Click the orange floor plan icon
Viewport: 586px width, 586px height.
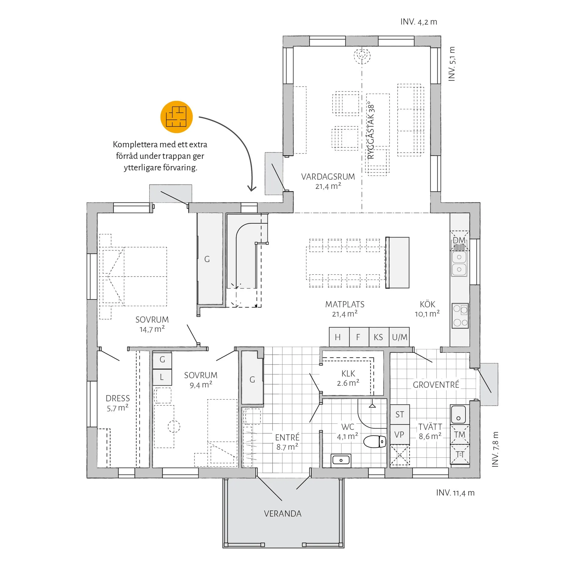[x=176, y=117]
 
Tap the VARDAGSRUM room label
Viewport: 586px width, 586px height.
[x=328, y=177]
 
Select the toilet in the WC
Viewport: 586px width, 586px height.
[x=374, y=441]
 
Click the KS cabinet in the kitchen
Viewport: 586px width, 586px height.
[x=379, y=337]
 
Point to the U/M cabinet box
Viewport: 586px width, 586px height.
[x=399, y=337]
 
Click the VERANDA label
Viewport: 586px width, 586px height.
[x=283, y=514]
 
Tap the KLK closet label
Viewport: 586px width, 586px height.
[x=348, y=374]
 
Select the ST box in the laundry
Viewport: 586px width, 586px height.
[x=400, y=414]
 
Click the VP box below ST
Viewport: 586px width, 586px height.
[x=400, y=434]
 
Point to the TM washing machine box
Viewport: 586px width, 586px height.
[x=460, y=434]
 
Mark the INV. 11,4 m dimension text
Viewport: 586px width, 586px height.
[x=455, y=493]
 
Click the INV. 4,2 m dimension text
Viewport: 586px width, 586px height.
[x=419, y=22]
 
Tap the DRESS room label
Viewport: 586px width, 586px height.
[x=118, y=398]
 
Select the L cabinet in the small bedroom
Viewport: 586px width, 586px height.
[x=162, y=377]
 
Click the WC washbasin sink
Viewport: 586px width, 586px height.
[x=341, y=461]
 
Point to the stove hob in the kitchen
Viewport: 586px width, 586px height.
[x=460, y=316]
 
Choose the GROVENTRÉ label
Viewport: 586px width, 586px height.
[x=436, y=385]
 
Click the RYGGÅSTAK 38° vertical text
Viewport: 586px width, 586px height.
[x=371, y=130]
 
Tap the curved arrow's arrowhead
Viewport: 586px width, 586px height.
[x=252, y=188]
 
